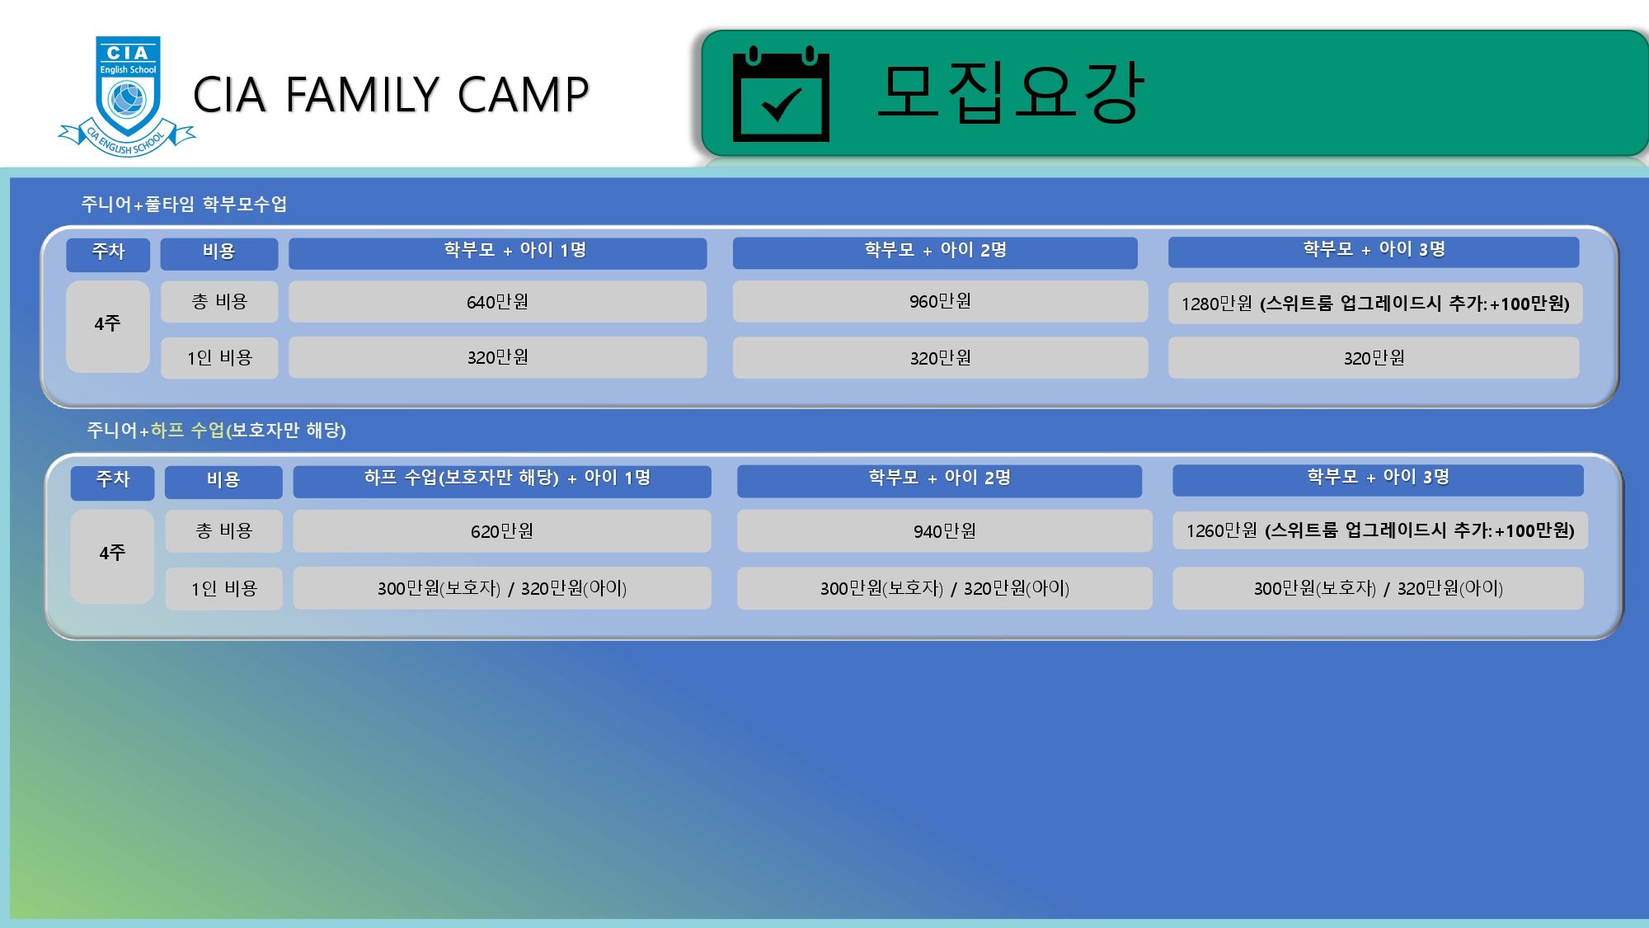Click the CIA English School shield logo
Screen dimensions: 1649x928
click(x=127, y=96)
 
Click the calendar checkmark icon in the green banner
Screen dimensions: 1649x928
click(x=781, y=94)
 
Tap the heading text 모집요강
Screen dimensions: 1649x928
click(x=1011, y=92)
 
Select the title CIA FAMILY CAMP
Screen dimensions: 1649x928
click(x=391, y=94)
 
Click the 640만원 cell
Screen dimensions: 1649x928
click(x=497, y=302)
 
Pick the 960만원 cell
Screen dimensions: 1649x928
click(x=940, y=301)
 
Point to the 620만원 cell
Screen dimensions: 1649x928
click(x=502, y=531)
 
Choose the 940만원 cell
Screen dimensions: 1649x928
click(x=945, y=531)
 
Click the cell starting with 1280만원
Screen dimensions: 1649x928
click(x=1374, y=304)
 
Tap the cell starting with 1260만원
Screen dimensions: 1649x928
click(x=1380, y=530)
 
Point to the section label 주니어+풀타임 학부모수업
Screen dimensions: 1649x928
click(x=184, y=204)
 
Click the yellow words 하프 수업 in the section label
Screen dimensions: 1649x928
click(x=187, y=430)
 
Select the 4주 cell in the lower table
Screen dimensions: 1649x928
click(x=112, y=554)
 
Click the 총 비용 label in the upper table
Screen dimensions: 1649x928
click(x=219, y=302)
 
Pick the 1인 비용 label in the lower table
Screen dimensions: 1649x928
click(x=224, y=589)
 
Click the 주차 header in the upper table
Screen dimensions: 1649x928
click(x=108, y=252)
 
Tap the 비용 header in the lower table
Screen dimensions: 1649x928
click(x=223, y=481)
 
